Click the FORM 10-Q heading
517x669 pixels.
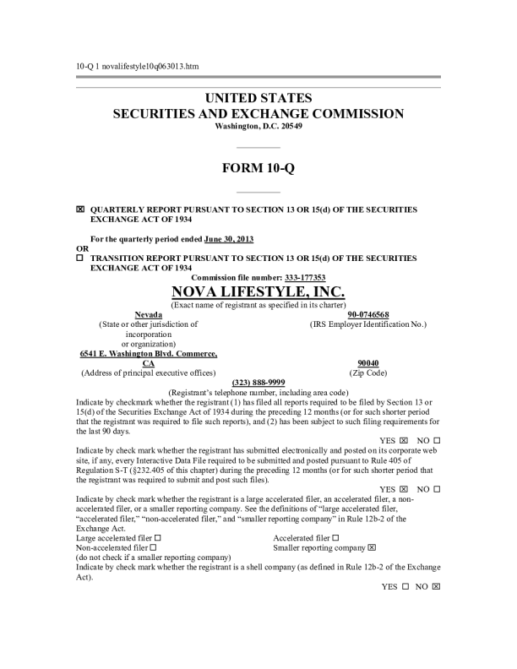[258, 167]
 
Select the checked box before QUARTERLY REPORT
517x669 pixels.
[80, 208]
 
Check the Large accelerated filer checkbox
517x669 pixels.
[158, 537]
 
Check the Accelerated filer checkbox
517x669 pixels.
[335, 537]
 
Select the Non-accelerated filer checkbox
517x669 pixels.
[152, 547]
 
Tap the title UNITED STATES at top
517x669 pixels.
[258, 98]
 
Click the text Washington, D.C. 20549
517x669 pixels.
[258, 126]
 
